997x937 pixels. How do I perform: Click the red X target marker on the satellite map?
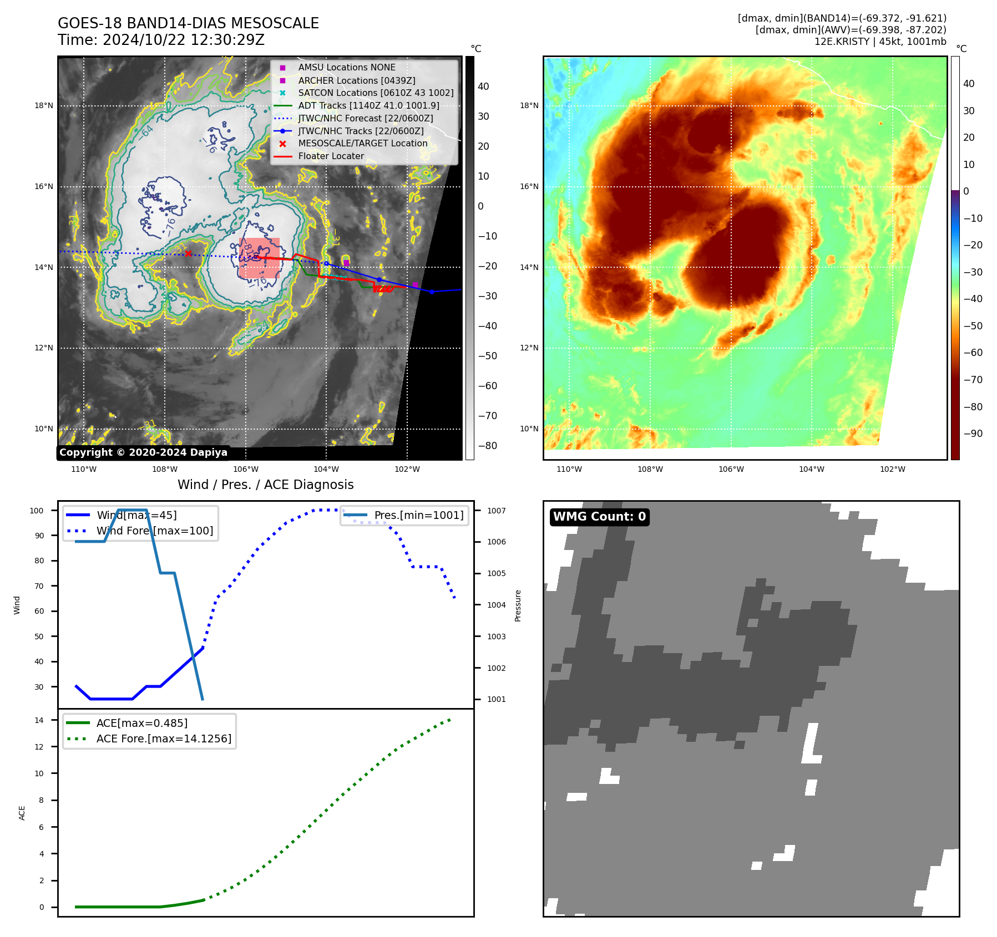pyautogui.click(x=188, y=253)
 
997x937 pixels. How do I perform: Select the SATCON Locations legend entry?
pyautogui.click(x=376, y=93)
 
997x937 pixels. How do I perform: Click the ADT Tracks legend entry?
pyautogui.click(x=368, y=105)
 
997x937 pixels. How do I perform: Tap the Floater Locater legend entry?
pyautogui.click(x=331, y=156)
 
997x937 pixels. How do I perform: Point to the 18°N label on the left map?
pyautogui.click(x=44, y=105)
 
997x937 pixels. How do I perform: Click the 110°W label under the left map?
pyautogui.click(x=84, y=469)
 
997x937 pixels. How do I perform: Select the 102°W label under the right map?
pyautogui.click(x=892, y=469)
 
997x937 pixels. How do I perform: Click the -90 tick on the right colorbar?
pyautogui.click(x=973, y=434)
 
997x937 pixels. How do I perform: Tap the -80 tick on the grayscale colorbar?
pyautogui.click(x=488, y=446)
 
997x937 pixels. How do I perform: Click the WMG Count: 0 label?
pyautogui.click(x=599, y=517)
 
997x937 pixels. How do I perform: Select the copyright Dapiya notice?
pyautogui.click(x=143, y=452)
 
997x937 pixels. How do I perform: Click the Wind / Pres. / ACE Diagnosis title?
pyautogui.click(x=265, y=485)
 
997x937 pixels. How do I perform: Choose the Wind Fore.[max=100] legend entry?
pyautogui.click(x=154, y=531)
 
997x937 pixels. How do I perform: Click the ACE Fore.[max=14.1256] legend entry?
pyautogui.click(x=164, y=739)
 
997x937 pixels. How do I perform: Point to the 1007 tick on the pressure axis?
pyautogui.click(x=496, y=511)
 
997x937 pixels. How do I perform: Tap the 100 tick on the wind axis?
pyautogui.click(x=37, y=511)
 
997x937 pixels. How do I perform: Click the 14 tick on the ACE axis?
pyautogui.click(x=39, y=720)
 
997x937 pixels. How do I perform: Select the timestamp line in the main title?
pyautogui.click(x=161, y=40)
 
